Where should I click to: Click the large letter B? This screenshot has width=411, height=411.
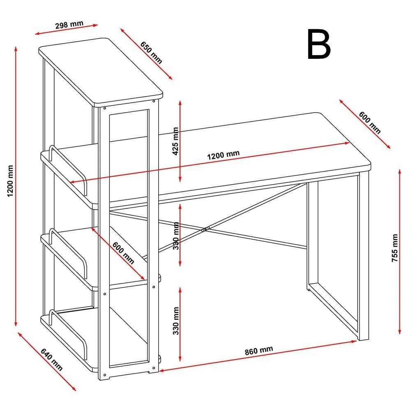319,45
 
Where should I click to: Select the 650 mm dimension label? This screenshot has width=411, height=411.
151,52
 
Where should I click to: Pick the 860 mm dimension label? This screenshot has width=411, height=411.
259,351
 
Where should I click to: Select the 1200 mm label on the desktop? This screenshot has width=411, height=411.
223,155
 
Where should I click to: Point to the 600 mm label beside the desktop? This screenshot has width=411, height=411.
369,122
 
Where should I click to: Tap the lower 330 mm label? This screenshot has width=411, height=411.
176,320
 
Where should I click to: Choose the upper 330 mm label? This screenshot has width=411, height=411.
176,237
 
